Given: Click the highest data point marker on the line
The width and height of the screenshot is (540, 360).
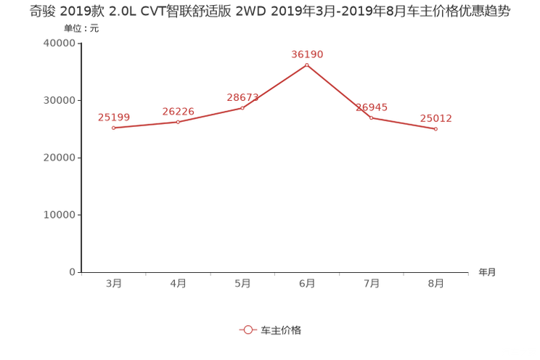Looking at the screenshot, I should (x=307, y=65).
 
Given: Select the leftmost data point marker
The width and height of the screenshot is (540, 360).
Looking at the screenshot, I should (x=113, y=128).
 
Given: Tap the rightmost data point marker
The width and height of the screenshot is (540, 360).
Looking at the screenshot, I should (x=435, y=129).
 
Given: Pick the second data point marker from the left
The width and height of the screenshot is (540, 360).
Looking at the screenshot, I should (x=179, y=121).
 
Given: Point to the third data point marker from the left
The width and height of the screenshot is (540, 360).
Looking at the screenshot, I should (x=243, y=108).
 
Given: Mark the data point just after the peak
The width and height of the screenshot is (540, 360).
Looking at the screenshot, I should (x=371, y=118).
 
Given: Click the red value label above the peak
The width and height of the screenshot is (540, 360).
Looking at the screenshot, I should (x=306, y=54).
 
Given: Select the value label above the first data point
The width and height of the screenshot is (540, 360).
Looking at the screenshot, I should (x=113, y=116).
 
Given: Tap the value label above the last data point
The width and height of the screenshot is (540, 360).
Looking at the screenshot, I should (x=436, y=117).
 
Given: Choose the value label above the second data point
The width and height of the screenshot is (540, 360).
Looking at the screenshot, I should (x=178, y=110).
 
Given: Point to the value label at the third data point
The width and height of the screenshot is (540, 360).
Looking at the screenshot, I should (x=242, y=97).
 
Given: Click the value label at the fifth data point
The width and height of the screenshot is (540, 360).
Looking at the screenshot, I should (x=372, y=107).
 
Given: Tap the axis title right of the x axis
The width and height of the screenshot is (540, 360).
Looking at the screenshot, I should (x=487, y=273).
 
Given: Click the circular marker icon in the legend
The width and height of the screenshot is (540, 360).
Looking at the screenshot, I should (x=248, y=330).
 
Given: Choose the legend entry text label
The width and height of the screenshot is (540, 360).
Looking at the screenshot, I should (x=280, y=330).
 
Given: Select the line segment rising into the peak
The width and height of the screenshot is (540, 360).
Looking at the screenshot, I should (x=276, y=86).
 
